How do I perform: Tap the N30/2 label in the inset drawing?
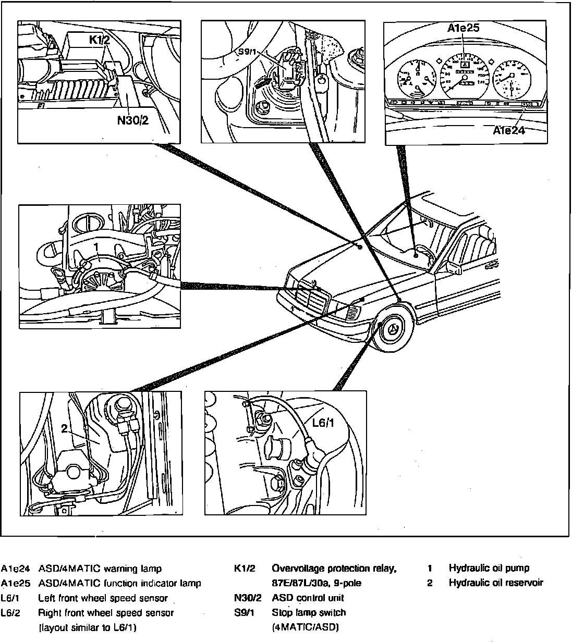coord(133,120)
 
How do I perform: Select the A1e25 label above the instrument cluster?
coord(463,28)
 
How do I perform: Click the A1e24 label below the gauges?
coord(509,130)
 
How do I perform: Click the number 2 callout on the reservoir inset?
coord(65,429)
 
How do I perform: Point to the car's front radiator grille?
coord(312,301)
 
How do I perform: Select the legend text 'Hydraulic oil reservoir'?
coord(496,583)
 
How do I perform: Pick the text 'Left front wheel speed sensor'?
coord(103,598)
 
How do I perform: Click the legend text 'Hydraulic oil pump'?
coord(489,568)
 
